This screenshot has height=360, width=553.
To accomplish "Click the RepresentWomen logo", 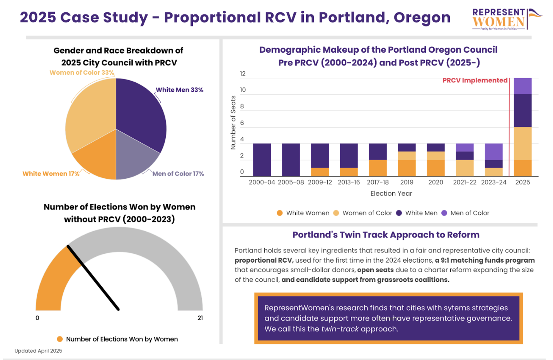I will [506, 19].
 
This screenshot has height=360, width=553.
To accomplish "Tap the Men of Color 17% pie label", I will [178, 174].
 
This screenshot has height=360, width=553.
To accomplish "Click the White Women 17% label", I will [51, 174].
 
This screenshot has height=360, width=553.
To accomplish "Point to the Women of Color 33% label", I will [82, 73].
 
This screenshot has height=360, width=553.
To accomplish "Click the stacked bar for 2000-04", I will [262, 160].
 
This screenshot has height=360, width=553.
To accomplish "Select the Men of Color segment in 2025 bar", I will [522, 86].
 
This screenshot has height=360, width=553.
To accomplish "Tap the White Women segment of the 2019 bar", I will [407, 168].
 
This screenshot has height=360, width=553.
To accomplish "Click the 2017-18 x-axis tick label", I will [378, 182].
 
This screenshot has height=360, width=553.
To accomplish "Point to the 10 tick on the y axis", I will [243, 90].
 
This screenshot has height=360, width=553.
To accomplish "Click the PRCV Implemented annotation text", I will [475, 80].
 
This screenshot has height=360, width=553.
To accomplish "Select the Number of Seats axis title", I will [233, 123].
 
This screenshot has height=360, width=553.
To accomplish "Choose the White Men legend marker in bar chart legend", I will [399, 213].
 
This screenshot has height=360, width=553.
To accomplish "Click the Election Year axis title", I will [391, 193].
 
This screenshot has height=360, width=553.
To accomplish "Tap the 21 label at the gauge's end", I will [200, 318].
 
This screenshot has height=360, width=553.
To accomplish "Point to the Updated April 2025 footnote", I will [38, 351].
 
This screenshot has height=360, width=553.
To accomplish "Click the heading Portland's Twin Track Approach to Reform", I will [386, 235].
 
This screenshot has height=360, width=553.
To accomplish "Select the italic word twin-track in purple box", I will [340, 329].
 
